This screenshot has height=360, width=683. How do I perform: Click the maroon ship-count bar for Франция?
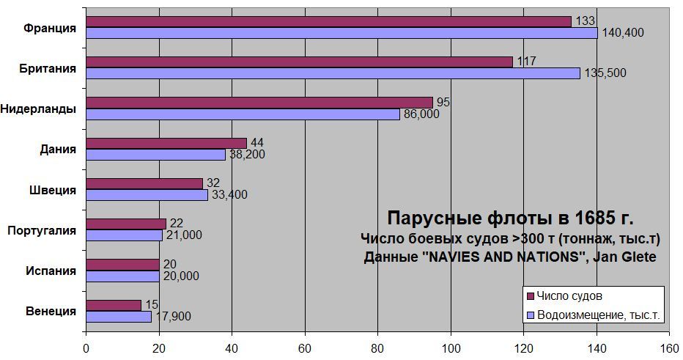click(328, 22)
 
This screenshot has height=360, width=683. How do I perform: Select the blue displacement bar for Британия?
click(333, 73)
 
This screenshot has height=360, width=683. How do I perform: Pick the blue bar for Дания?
click(155, 155)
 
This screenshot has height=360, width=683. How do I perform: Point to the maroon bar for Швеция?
click(144, 184)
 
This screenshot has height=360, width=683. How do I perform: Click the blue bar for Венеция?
click(119, 317)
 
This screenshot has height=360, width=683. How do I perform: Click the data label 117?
click(526, 62)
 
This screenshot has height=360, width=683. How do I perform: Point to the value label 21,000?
click(183, 235)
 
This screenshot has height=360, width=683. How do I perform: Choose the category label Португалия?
click(41, 230)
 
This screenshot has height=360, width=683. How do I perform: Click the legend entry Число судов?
click(569, 296)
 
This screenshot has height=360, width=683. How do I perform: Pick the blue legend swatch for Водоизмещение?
click(530, 316)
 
